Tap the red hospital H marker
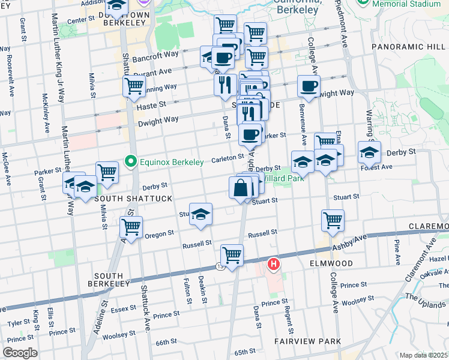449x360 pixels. tap(274, 263)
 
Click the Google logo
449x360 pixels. tap(20, 353)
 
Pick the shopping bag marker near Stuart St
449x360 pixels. tap(240, 188)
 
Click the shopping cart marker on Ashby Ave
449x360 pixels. tap(232, 255)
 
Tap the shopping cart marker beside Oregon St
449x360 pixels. tap(131, 227)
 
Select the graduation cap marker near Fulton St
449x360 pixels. tap(200, 214)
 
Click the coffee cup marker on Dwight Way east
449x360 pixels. tap(309, 86)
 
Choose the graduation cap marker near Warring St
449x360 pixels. tap(369, 152)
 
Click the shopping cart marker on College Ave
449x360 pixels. tap(333, 220)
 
